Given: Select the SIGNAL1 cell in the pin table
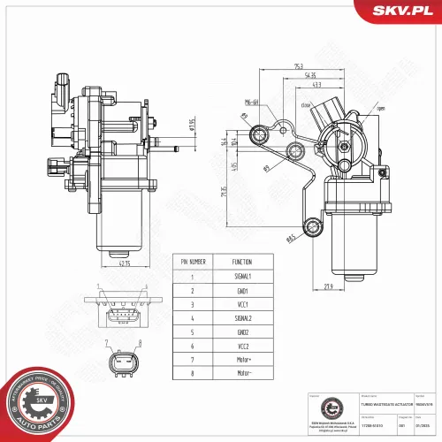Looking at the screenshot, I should pyautogui.click(x=241, y=277).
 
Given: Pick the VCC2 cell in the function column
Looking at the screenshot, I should pyautogui.click(x=241, y=346).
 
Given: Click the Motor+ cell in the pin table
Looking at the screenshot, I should pyautogui.click(x=241, y=360).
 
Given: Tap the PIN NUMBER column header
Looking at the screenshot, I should pyautogui.click(x=194, y=263).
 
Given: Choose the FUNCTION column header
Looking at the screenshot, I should pyautogui.click(x=241, y=263).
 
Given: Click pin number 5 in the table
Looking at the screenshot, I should pyautogui.click(x=193, y=331).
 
